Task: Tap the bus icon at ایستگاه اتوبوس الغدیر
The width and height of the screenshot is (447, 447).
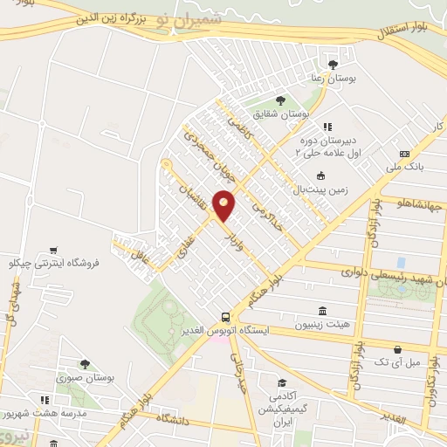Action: click(226, 317)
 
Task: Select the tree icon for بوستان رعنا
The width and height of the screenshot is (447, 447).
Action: click(332, 64)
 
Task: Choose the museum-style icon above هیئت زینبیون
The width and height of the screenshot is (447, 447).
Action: click(323, 312)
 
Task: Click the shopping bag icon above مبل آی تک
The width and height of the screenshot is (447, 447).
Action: click(400, 347)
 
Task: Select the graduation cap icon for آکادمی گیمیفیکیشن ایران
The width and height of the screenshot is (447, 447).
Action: click(282, 383)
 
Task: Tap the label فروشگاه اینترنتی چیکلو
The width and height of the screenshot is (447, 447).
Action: click(54, 262)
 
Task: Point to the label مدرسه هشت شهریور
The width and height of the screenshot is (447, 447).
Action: click(38, 410)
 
